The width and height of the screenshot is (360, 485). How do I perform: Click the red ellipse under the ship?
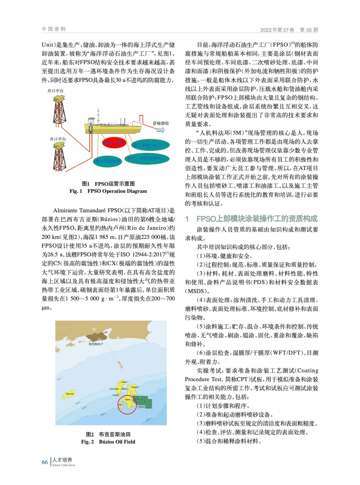coord(114,142)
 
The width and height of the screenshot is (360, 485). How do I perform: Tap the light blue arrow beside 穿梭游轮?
coord(160,130)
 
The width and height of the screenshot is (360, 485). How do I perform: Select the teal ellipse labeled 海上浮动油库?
coord(108,161)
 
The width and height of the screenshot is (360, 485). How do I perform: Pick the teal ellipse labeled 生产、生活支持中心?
coord(147,158)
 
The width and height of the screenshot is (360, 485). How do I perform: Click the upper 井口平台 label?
coord(56,91)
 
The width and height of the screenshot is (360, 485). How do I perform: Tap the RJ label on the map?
coord(94,329)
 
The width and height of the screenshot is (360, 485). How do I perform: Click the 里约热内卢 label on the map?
coord(96,344)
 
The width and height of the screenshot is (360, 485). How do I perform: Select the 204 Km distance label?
coord(120,364)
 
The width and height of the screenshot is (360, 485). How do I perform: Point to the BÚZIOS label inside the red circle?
coord(128,400)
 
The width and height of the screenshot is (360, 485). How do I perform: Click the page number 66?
coord(45,462)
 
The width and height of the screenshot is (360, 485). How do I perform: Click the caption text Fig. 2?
coord(87,442)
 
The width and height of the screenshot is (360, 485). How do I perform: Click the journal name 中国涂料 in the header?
coord(54,29)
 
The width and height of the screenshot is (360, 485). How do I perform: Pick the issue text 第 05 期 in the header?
coord(309,30)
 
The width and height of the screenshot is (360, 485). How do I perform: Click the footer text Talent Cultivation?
coord(64,465)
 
